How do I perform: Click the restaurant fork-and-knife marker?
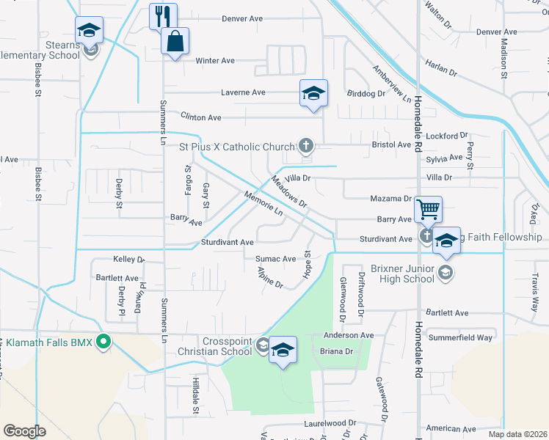coord(163,15)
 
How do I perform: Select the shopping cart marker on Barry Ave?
coord(428,209)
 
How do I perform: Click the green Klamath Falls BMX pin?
coord(104,341)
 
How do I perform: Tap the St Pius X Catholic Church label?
coord(237,147)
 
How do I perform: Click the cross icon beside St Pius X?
coord(306,147)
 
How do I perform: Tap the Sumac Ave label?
coord(275,259)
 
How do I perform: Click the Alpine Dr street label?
coord(270,277)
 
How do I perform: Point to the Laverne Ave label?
coord(244,92)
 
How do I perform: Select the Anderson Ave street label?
coord(349,335)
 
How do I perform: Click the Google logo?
coord(24,431)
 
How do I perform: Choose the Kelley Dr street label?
coord(128,259)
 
